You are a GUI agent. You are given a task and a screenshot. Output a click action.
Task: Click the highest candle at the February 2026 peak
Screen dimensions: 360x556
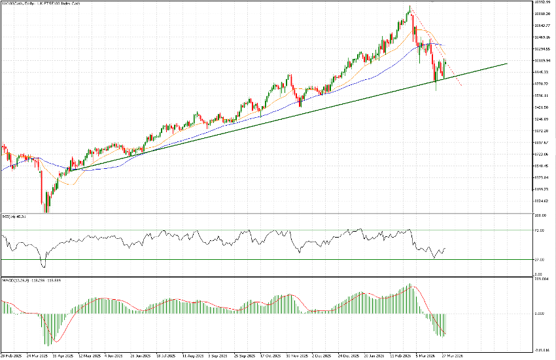409,9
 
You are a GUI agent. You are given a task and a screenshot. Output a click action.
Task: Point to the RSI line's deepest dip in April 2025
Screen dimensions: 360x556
44,266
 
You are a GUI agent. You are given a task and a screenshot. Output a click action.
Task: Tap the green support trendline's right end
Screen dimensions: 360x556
507,64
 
